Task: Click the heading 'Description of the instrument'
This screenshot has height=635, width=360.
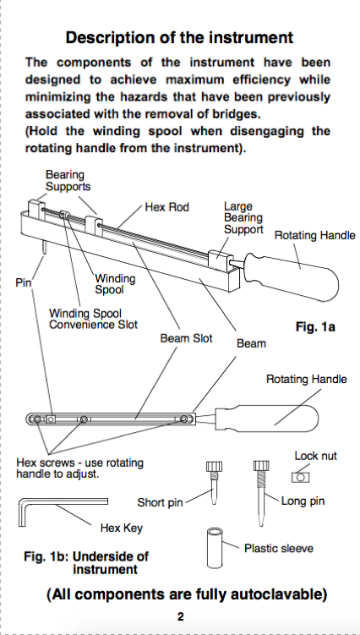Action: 179,38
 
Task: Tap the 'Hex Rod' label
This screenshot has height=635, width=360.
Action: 166,207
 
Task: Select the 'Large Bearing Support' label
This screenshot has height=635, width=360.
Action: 243,218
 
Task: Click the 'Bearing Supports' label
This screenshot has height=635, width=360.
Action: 68,181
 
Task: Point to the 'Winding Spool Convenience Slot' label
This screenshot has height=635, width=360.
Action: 93,319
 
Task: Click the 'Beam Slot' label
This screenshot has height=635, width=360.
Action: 186,338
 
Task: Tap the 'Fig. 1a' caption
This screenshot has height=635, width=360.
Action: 315,327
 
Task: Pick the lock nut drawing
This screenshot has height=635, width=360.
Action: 300,477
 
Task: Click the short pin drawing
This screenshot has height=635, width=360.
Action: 212,483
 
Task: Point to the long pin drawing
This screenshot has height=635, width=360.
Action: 260,493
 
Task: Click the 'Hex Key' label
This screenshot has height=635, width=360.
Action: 122,528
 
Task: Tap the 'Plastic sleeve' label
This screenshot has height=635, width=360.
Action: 279,549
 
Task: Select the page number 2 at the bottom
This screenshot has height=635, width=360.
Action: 181,616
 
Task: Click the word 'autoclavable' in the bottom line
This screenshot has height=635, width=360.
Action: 278,594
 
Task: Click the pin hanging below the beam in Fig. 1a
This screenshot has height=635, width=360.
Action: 43,247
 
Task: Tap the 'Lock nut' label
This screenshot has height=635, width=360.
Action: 315,456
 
